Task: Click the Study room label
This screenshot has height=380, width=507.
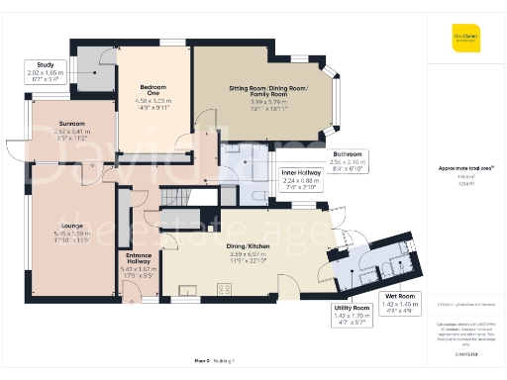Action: pyautogui.click(x=39, y=64)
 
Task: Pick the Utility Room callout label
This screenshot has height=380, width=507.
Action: pyautogui.click(x=355, y=309)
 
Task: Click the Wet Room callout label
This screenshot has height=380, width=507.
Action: pyautogui.click(x=399, y=296)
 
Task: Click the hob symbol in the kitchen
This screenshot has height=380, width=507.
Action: pyautogui.click(x=224, y=289)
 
